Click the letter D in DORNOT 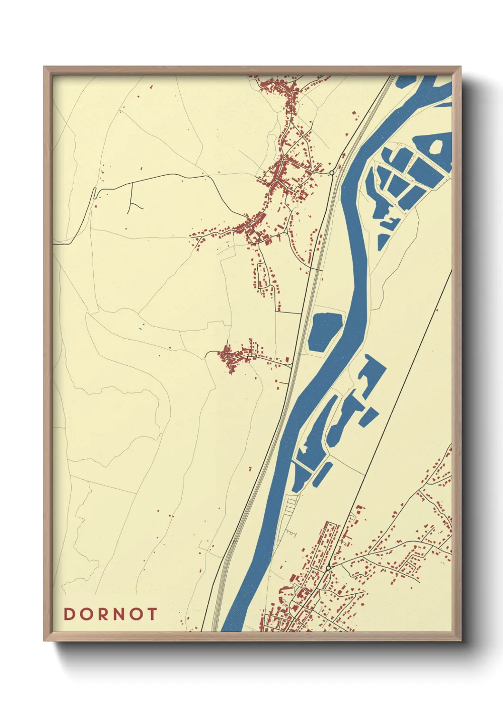[x=69, y=614]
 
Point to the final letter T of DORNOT [x=152, y=614]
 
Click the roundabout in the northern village [x=331, y=172]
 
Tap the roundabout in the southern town [x=328, y=568]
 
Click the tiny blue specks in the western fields [x=141, y=326]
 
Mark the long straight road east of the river [x=404, y=380]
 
